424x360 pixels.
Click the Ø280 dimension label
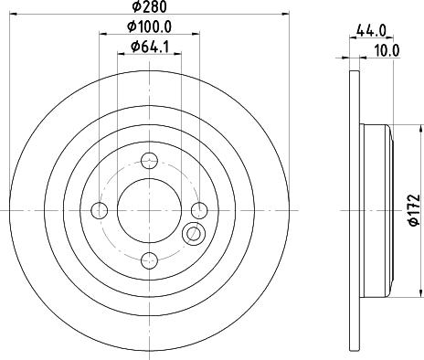click(150, 6)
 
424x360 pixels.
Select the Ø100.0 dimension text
click(150, 26)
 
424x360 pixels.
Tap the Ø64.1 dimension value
click(150, 47)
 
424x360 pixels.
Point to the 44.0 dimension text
click(371, 31)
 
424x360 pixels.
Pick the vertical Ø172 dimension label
click(414, 210)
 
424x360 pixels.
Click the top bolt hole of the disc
click(149, 160)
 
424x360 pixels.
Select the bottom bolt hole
click(149, 260)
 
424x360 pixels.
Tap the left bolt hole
click(99, 210)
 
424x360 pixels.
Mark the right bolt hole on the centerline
click(199, 210)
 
